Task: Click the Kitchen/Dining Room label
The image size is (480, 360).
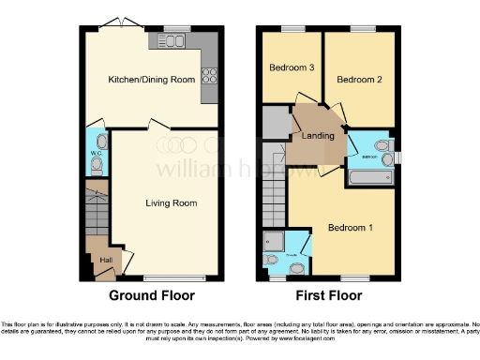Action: tap(151, 80)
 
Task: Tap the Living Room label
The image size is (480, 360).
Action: tap(171, 202)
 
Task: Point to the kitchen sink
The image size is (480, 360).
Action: tap(173, 40)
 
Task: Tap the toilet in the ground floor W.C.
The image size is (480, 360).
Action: tap(97, 162)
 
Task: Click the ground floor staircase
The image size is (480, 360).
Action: tap(97, 214)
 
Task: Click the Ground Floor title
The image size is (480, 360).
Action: tap(151, 294)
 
